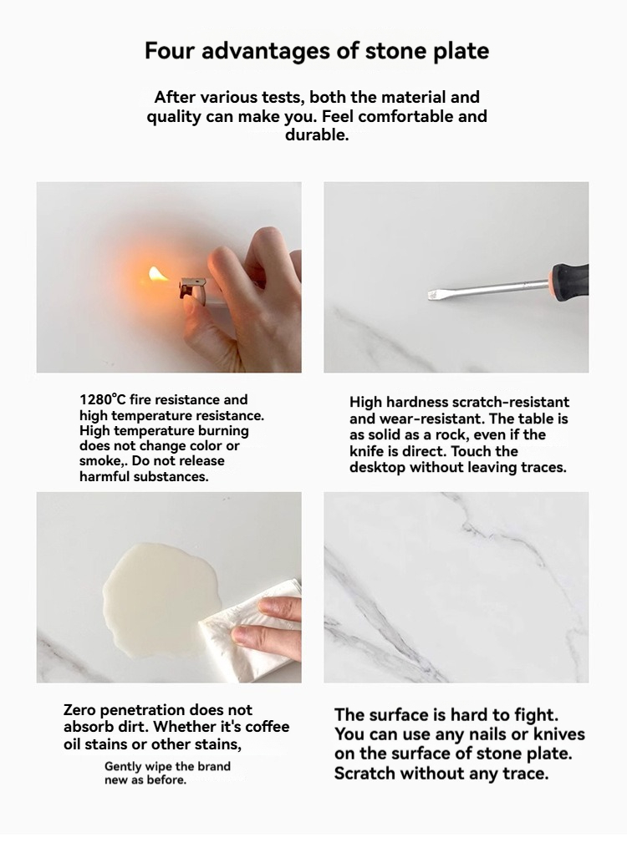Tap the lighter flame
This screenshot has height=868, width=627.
point(155,275)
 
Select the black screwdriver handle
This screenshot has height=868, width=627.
point(569,280)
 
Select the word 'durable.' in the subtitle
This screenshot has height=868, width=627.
point(317,135)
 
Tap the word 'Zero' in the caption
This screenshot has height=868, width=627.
point(79,710)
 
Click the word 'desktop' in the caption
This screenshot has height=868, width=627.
point(377,468)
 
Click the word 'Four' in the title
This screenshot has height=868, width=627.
point(170,51)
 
